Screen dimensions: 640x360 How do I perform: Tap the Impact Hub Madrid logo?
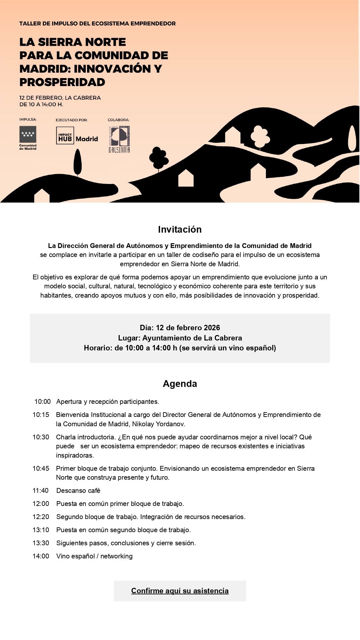pyautogui.click(x=77, y=136)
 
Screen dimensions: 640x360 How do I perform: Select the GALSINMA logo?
pyautogui.click(x=119, y=139)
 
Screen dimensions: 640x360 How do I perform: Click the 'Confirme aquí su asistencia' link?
pyautogui.click(x=180, y=591)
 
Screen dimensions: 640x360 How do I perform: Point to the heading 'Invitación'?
pyautogui.click(x=180, y=229)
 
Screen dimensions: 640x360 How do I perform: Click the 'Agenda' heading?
pyautogui.click(x=180, y=383)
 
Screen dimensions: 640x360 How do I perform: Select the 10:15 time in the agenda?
pyautogui.click(x=41, y=415)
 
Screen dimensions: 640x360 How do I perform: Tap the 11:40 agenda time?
pyautogui.click(x=41, y=491)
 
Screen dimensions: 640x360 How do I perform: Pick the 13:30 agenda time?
pyautogui.click(x=41, y=543)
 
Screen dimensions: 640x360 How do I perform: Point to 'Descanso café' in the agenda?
pyautogui.click(x=78, y=491)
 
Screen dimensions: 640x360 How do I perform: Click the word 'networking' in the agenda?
pyautogui.click(x=116, y=556)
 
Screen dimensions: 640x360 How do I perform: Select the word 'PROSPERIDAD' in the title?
pyautogui.click(x=62, y=82)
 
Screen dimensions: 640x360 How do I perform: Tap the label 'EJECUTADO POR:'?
pyautogui.click(x=72, y=120)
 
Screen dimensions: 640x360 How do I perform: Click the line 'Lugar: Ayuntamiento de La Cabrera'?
pyautogui.click(x=180, y=338)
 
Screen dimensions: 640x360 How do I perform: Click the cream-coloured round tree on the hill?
pyautogui.click(x=260, y=136)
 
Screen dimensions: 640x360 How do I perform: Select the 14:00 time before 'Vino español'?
pyautogui.click(x=41, y=556)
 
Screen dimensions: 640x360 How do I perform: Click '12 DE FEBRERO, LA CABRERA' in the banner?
pyautogui.click(x=60, y=98)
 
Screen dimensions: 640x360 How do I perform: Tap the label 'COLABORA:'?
pyautogui.click(x=118, y=120)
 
